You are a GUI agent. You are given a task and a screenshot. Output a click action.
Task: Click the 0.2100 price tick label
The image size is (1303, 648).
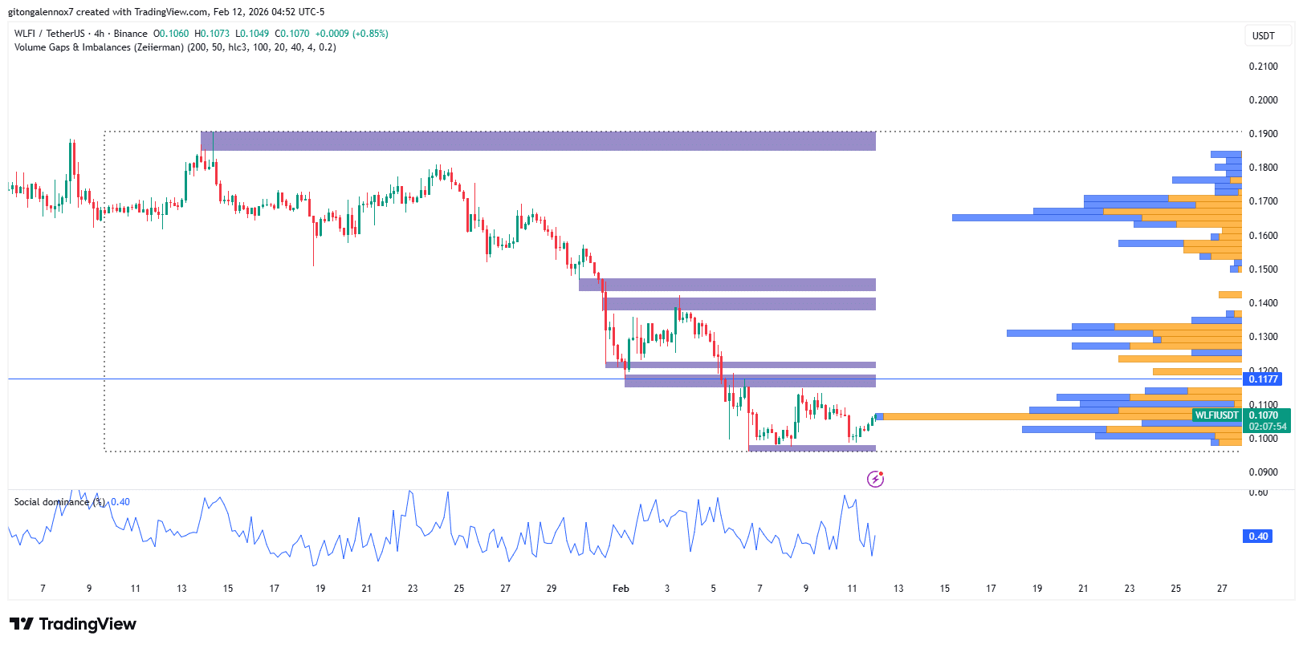coord(1263,67)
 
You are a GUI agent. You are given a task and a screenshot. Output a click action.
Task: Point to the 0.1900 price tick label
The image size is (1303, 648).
coord(1263,134)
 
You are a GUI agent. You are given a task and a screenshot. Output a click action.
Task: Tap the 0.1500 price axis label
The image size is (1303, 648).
coord(1263,269)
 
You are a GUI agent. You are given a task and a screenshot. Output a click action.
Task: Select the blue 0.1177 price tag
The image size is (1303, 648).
coord(1261,379)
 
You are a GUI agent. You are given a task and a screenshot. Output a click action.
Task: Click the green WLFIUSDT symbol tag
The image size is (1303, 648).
coord(1216,415)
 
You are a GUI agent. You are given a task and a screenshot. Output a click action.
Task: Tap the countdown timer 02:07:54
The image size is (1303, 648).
coord(1267,427)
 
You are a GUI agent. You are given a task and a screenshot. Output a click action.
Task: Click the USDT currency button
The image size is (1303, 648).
coord(1263,36)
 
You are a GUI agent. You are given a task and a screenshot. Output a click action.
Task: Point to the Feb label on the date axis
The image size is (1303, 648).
coord(621,589)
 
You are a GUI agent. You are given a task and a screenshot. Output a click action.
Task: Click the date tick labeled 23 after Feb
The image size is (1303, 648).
coord(1130,589)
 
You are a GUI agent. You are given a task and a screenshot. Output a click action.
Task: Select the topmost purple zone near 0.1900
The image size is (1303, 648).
coord(538,141)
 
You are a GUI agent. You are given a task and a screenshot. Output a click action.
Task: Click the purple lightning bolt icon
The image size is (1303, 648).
coord(875,480)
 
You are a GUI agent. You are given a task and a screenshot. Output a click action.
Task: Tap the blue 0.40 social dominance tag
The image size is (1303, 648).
coord(1258,537)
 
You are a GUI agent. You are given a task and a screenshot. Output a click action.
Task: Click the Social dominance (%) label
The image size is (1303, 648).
coord(59,502)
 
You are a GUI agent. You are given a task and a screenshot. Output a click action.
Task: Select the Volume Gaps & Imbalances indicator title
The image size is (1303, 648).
coord(175,47)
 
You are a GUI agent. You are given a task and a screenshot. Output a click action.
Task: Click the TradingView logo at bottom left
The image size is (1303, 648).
coord(73,624)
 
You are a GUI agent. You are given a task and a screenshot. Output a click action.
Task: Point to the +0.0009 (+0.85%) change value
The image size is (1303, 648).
coord(352,34)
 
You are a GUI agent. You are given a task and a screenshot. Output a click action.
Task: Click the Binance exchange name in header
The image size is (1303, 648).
coord(130,34)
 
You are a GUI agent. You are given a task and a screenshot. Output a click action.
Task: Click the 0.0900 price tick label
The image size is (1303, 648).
coord(1263,472)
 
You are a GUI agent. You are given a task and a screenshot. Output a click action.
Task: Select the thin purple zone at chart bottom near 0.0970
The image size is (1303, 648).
coord(812,448)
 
